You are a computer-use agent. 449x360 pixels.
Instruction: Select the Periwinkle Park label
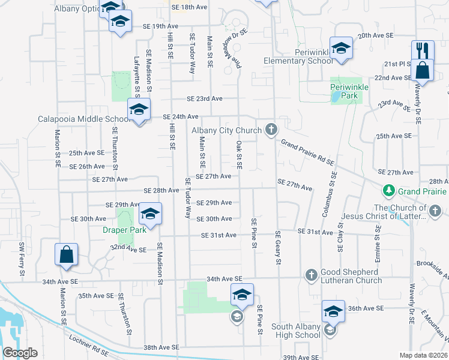(x=349, y=91)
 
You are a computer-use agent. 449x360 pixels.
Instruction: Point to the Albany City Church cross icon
(x=271, y=130)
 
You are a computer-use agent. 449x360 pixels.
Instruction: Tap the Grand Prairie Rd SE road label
(x=307, y=152)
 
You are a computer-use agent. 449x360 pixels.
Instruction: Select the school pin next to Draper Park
(x=150, y=214)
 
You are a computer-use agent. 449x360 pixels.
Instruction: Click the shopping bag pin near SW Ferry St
(x=66, y=254)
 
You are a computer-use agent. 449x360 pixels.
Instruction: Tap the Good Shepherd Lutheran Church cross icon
(x=311, y=275)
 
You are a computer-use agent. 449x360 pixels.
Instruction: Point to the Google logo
(x=20, y=353)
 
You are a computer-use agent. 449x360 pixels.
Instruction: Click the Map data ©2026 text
(x=423, y=355)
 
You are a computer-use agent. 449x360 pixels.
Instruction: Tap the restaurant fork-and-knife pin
(x=423, y=50)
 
